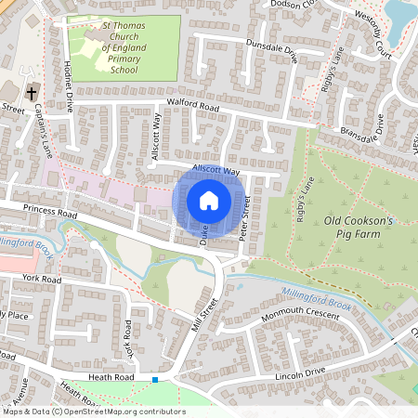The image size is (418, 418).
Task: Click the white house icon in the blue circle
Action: (209, 199)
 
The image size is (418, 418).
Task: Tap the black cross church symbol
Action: (32, 93)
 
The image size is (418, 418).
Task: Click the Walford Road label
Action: (192, 107)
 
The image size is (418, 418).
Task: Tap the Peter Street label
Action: (245, 218)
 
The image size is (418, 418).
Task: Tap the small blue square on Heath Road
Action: (155, 379)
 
